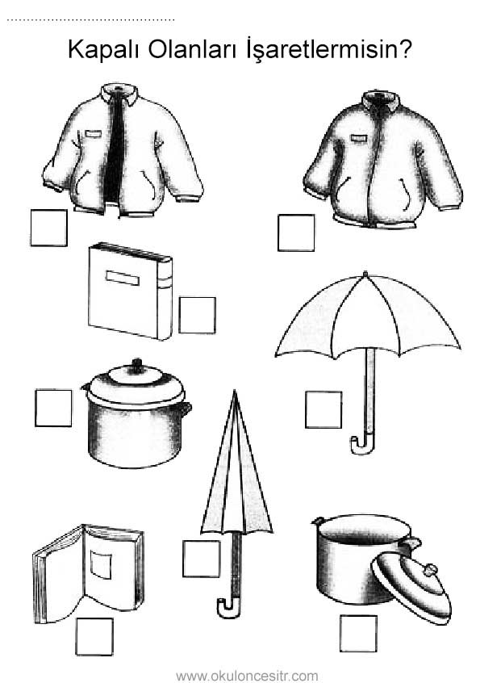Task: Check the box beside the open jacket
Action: tap(48, 228)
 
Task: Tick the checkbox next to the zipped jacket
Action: tap(296, 233)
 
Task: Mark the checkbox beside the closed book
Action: tap(197, 316)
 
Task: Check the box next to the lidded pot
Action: tap(53, 409)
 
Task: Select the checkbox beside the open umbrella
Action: tap(323, 410)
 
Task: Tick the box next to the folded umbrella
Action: tap(201, 559)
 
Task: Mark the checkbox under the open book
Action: tap(94, 636)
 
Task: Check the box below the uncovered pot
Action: tap(358, 633)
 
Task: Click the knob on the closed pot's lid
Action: tap(137, 365)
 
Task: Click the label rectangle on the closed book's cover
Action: tap(123, 278)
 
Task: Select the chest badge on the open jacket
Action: tap(93, 133)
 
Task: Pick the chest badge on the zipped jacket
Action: tap(357, 138)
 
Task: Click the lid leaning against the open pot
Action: tap(411, 585)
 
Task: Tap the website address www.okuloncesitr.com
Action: tap(247, 676)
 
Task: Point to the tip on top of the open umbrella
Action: tap(365, 274)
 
